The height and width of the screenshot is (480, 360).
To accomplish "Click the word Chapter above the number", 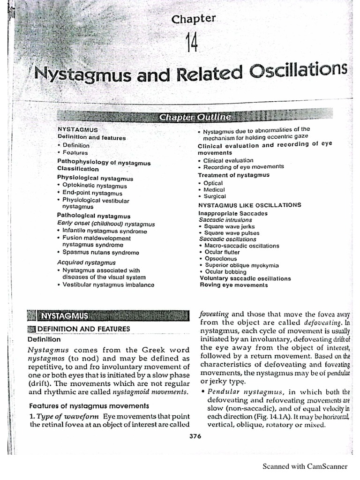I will (194, 19).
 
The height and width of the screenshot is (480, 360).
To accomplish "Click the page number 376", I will (195, 436).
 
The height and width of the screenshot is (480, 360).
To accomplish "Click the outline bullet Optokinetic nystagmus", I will (92, 186).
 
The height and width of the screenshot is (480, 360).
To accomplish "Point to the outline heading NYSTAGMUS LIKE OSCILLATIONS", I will (249, 205).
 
